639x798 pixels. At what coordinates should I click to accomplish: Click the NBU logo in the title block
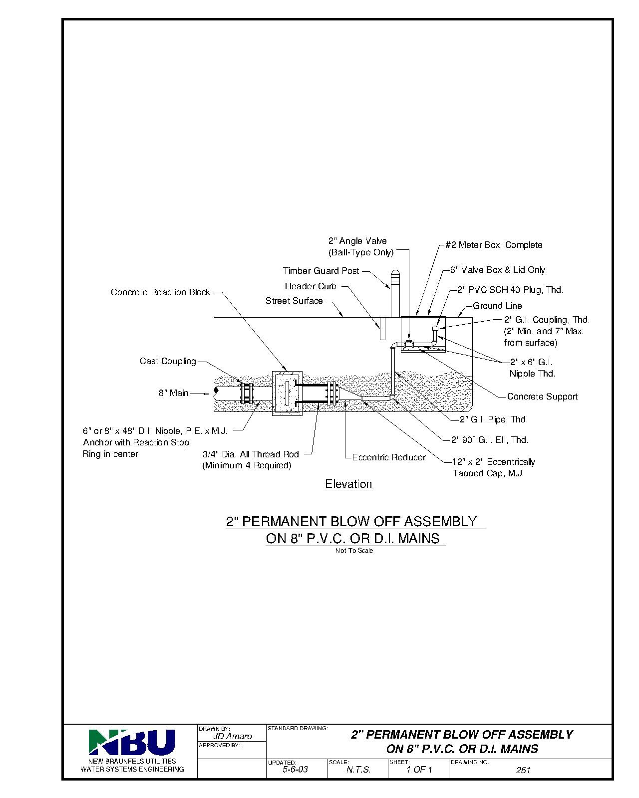pyautogui.click(x=132, y=743)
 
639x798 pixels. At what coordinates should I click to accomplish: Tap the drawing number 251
pyautogui.click(x=523, y=770)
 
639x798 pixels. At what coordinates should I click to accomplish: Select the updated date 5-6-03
pyautogui.click(x=295, y=770)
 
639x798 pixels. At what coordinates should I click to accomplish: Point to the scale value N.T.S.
pyautogui.click(x=358, y=770)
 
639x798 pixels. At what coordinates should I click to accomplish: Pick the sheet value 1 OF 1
pyautogui.click(x=419, y=770)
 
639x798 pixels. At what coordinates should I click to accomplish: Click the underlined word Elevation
pyautogui.click(x=348, y=484)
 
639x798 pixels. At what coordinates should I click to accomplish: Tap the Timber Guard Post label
pyautogui.click(x=321, y=271)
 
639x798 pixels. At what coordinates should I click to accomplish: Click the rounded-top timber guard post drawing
pyautogui.click(x=394, y=294)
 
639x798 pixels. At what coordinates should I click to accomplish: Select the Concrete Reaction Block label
pyautogui.click(x=160, y=292)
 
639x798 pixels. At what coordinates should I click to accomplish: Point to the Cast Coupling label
pyautogui.click(x=168, y=361)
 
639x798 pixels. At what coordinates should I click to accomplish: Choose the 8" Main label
pyautogui.click(x=174, y=393)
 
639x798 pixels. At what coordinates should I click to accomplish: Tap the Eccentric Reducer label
pyautogui.click(x=389, y=457)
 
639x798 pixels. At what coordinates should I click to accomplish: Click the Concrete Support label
pyautogui.click(x=542, y=397)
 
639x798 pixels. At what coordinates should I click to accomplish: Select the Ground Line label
pyautogui.click(x=497, y=306)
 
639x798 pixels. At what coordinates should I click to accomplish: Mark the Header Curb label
pyautogui.click(x=311, y=286)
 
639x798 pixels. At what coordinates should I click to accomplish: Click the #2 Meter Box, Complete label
pyautogui.click(x=493, y=245)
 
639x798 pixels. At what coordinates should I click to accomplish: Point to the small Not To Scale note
pyautogui.click(x=354, y=551)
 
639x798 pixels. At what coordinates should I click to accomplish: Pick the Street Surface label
pyautogui.click(x=294, y=301)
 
